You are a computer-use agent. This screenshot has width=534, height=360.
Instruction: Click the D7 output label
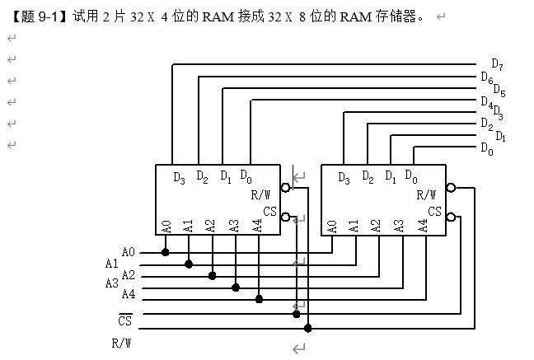tap(497, 63)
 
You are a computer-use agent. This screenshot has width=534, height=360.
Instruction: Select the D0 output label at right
tap(486, 149)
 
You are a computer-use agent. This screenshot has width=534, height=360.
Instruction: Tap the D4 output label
tap(486, 102)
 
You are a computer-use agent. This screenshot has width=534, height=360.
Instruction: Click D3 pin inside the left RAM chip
tap(180, 177)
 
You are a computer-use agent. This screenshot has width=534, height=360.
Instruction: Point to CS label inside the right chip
tap(434, 213)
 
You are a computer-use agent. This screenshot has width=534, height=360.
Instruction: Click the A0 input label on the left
tap(128, 252)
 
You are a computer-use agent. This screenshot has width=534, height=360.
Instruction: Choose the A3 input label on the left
tap(112, 283)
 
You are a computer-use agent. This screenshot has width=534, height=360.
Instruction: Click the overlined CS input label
tap(124, 320)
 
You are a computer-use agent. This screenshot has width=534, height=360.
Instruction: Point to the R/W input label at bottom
tap(122, 341)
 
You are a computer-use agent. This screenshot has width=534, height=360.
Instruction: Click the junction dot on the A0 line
tap(166, 252)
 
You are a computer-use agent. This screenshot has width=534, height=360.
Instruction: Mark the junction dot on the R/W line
tap(308, 328)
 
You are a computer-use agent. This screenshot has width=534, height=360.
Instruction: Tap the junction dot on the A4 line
tap(259, 299)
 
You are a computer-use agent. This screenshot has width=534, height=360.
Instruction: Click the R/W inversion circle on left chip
tap(285, 188)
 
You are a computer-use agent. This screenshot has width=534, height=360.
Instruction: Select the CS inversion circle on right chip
tap(451, 218)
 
